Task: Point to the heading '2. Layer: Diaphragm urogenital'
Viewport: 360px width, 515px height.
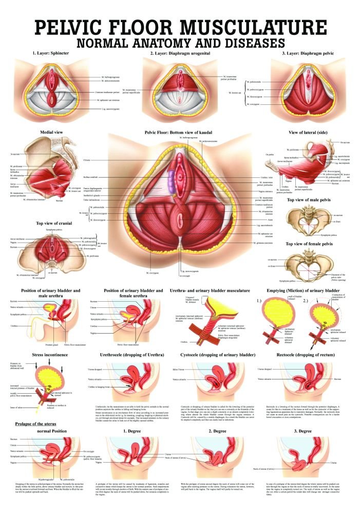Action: click(x=180, y=53)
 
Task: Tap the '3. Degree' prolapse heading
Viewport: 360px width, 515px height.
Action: click(x=307, y=431)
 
